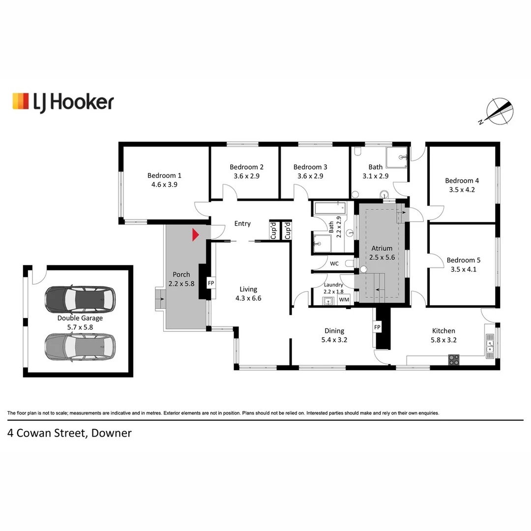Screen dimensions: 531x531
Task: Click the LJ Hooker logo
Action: tap(63, 102)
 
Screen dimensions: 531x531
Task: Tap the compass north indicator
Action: tap(500, 111)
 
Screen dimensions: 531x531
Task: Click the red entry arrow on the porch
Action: tap(195, 235)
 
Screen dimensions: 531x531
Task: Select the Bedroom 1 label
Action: tap(164, 176)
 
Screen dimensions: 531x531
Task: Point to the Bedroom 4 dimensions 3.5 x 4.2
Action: tap(462, 190)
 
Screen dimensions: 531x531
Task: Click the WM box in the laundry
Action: tap(344, 299)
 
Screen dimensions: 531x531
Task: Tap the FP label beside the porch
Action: tap(211, 283)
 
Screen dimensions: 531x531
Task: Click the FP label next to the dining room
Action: tap(377, 327)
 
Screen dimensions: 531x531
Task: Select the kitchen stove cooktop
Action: tap(454, 359)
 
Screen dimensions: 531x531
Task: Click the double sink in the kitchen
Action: tap(490, 346)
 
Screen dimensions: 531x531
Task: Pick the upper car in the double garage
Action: tap(80, 299)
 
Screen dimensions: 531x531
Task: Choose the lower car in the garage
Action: tap(80, 347)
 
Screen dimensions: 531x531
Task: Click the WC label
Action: tap(334, 264)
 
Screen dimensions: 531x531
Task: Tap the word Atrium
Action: tap(382, 248)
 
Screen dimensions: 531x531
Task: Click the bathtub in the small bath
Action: tap(330, 207)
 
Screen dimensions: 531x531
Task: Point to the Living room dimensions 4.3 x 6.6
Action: tap(248, 298)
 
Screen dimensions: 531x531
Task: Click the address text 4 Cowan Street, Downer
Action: tap(69, 433)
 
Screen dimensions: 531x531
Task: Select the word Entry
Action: tap(242, 224)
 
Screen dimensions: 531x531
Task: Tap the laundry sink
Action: tap(328, 301)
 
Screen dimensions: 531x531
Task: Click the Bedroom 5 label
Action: tap(463, 260)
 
